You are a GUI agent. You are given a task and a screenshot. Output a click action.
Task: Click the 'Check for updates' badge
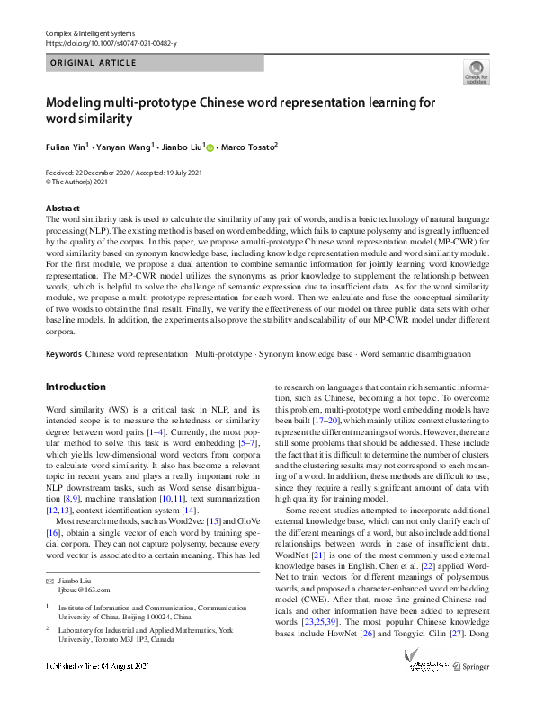point(476,72)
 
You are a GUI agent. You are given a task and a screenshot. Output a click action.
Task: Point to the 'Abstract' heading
point(63,208)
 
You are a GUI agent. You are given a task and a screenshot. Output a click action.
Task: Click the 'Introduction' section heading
point(76,387)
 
